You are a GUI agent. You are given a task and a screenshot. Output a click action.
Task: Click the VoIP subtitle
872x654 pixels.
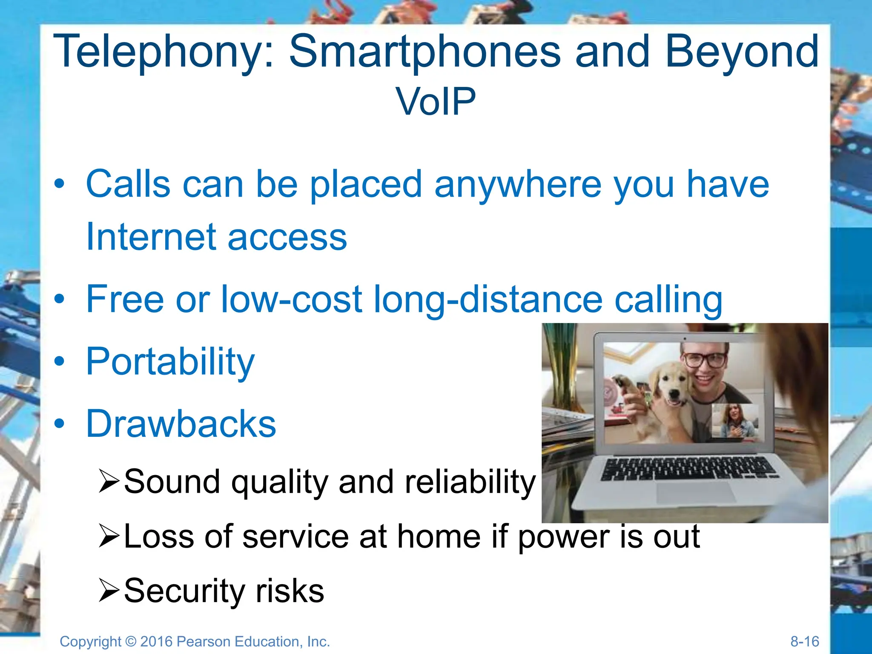(x=436, y=101)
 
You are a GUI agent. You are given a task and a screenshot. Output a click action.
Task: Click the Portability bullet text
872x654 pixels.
(x=170, y=362)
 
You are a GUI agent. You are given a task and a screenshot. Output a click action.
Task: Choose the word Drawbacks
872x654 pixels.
(x=181, y=424)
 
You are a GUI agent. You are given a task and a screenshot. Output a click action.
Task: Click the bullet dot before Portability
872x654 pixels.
(x=60, y=362)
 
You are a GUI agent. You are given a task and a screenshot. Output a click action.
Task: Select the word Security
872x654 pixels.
(x=184, y=591)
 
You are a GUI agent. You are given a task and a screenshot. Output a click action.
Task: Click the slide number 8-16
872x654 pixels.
(x=804, y=641)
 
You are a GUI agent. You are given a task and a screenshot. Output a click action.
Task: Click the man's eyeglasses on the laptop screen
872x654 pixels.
(x=704, y=360)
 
